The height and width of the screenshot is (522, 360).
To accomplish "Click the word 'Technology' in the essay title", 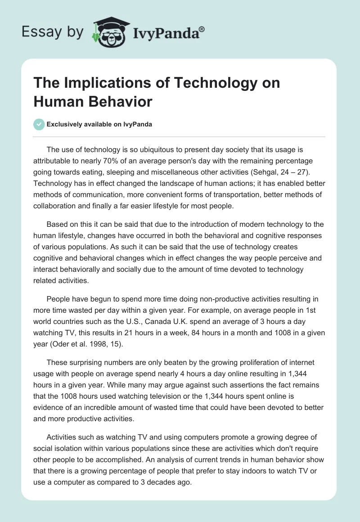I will (x=205, y=83).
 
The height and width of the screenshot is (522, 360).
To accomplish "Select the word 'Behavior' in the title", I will (x=121, y=101).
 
